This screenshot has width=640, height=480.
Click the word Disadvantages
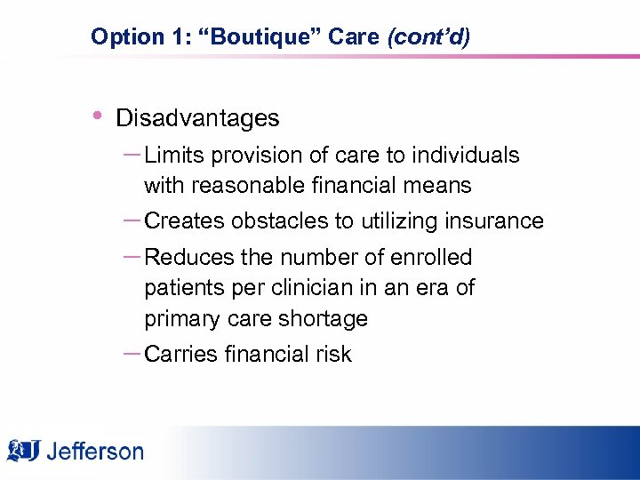click(197, 118)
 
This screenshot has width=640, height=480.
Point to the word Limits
click(172, 156)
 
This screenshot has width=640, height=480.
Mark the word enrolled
click(430, 258)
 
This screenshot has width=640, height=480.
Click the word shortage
click(325, 319)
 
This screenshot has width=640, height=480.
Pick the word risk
click(332, 355)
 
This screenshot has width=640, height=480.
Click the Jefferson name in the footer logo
click(95, 451)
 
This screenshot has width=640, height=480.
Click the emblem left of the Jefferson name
click(25, 451)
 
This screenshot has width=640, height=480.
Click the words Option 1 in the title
click(127, 37)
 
